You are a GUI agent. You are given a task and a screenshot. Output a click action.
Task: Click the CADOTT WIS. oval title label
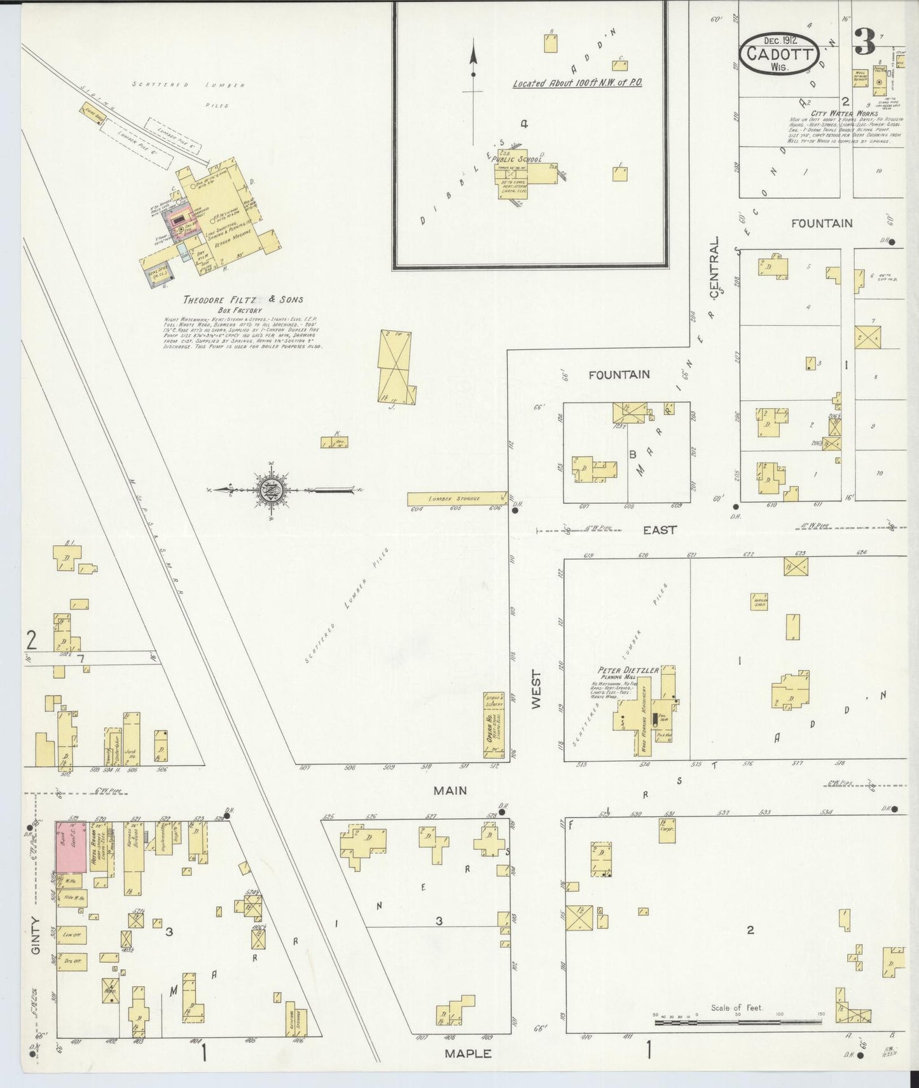point(779,55)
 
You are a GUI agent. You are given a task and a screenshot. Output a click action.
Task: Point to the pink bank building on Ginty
point(71,847)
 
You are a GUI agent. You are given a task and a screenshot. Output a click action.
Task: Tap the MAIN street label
point(450,791)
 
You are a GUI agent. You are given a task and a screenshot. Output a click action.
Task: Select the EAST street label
point(660,529)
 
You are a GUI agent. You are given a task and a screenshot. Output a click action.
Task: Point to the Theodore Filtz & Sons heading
point(243,299)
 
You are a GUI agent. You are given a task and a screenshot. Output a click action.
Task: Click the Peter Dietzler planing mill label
point(627,670)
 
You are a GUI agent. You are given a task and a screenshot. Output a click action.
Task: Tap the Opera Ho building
point(491,725)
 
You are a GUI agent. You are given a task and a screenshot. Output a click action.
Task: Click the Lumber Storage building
point(457,498)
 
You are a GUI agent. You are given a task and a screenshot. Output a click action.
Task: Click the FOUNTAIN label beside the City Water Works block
point(822,223)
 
